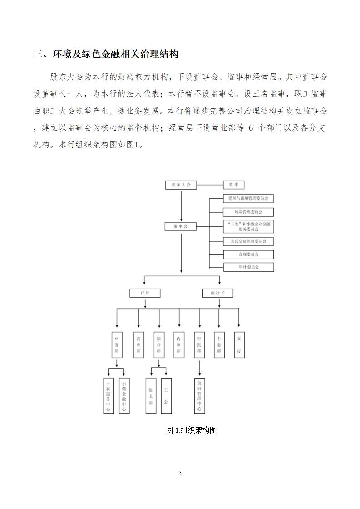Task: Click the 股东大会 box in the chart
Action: coord(181,185)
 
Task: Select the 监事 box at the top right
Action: coord(234,185)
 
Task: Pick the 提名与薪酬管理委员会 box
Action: coord(248,198)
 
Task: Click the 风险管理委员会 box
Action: coord(248,212)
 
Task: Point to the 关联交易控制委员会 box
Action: coord(248,241)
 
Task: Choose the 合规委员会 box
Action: coord(248,254)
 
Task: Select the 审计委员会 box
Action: coord(249,267)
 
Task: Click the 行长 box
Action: coord(145,293)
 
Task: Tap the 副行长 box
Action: coord(218,293)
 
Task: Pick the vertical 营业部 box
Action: coord(139,345)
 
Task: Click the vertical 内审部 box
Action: coord(179,345)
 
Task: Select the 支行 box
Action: coord(239,345)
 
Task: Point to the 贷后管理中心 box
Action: coord(199,396)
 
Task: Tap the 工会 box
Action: coord(166,396)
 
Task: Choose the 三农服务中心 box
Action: coord(108,396)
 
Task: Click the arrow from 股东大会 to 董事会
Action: coord(181,206)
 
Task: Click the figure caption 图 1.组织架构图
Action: coord(191,431)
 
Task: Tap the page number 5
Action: coord(180,473)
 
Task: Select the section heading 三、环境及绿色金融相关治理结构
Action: coord(106,54)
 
